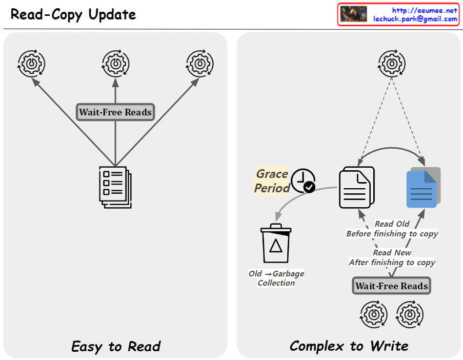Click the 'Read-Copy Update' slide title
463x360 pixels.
coord(73,14)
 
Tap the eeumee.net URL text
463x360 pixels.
coord(424,10)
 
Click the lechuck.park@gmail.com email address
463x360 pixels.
coord(415,19)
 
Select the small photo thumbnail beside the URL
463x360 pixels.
coord(354,14)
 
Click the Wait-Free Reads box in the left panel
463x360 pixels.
coord(115,112)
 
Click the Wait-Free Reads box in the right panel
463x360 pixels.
coord(392,286)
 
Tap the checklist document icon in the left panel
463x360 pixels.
coord(115,187)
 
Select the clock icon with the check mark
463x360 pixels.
coord(303,181)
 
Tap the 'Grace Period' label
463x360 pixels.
coord(272,181)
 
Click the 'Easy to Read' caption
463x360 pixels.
coord(116,347)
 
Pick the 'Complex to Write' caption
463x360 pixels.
coord(349,346)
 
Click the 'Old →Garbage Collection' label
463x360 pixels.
coord(276,278)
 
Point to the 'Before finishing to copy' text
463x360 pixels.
coord(392,234)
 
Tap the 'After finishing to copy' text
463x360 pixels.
coord(392,262)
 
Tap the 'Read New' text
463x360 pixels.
coord(392,252)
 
